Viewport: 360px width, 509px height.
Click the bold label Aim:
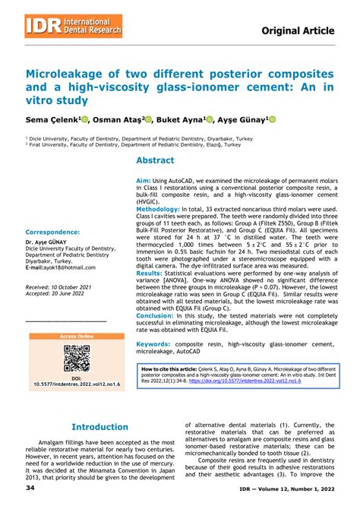144,181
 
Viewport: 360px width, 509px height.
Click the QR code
77,359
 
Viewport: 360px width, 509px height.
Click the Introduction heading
99,427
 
